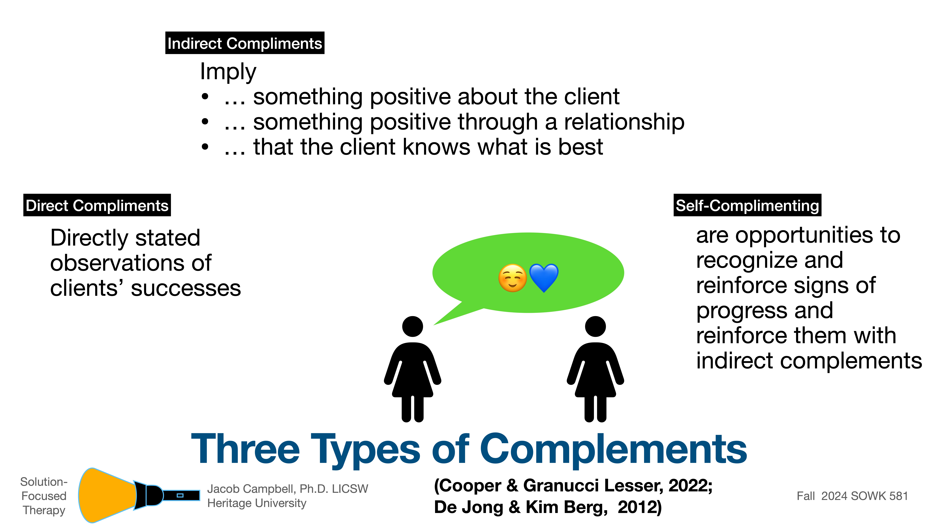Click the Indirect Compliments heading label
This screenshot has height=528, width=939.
(x=245, y=43)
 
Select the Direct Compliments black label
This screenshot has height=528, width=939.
(x=97, y=206)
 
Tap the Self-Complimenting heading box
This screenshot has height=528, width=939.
(x=747, y=206)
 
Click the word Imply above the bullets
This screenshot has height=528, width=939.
(x=228, y=72)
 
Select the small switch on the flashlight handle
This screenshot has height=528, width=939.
(x=180, y=495)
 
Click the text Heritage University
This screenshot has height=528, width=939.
(x=257, y=503)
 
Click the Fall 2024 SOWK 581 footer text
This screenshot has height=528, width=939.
(x=852, y=496)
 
